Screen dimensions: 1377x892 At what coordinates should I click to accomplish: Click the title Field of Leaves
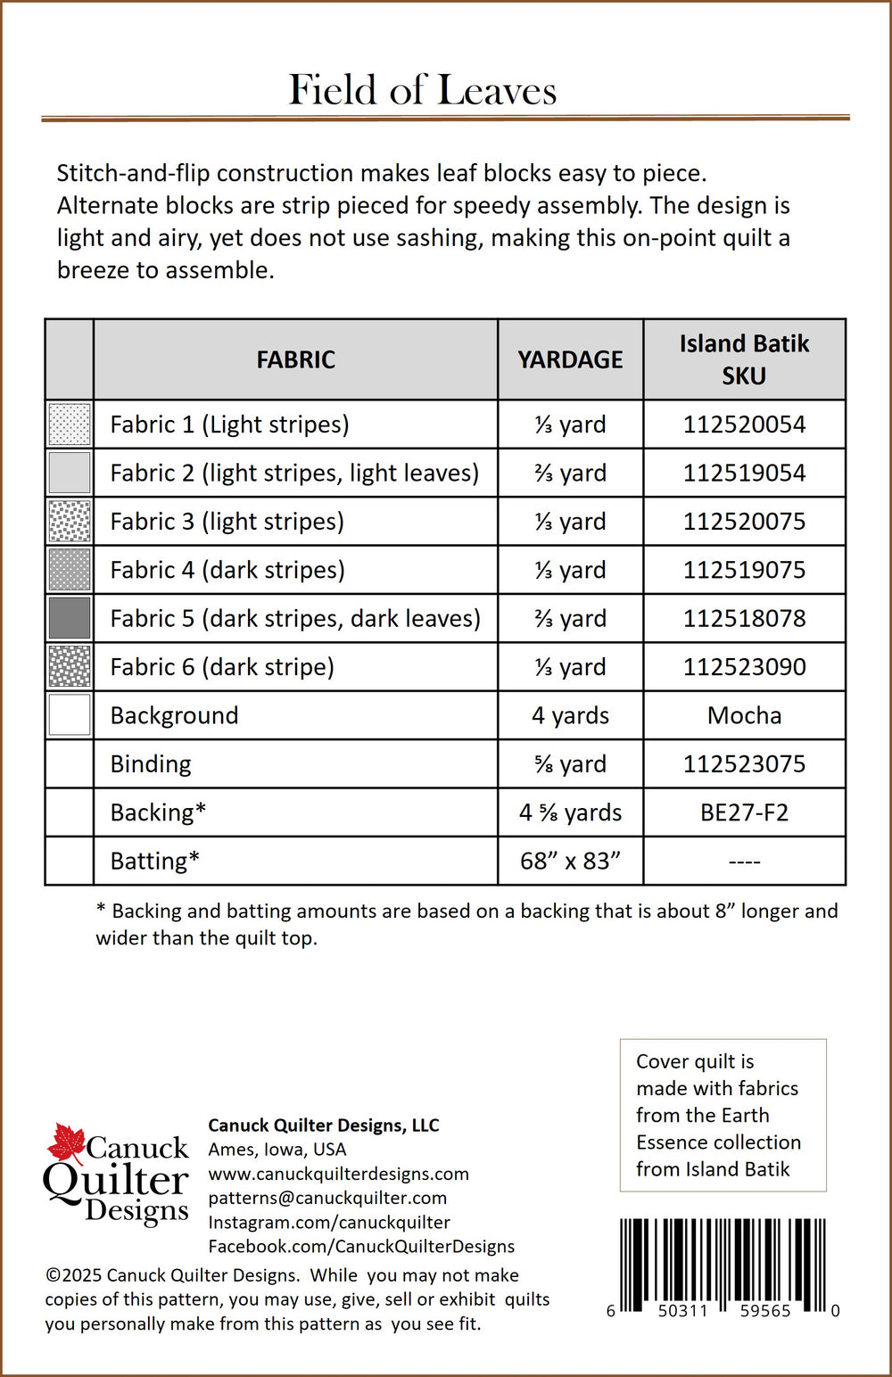[x=423, y=90]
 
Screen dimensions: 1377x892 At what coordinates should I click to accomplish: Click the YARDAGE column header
[x=570, y=359]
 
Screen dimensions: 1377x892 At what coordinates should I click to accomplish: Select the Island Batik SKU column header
[x=744, y=359]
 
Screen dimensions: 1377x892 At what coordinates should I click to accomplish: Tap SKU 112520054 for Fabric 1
[x=744, y=425]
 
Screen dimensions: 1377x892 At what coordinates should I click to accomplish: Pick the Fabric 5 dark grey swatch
[x=70, y=618]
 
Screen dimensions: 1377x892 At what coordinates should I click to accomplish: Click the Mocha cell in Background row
[x=744, y=715]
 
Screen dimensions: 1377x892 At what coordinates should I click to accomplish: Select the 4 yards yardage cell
[x=570, y=715]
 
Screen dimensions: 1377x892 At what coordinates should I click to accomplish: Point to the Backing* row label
[x=158, y=812]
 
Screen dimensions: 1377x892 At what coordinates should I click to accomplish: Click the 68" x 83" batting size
[x=570, y=861]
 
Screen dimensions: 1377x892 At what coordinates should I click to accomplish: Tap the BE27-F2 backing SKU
[x=744, y=812]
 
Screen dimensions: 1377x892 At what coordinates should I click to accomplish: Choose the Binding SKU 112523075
[x=744, y=764]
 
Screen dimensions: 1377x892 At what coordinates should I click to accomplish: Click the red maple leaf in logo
[x=65, y=1143]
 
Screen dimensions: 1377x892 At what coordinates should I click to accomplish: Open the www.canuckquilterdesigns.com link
[x=338, y=1174]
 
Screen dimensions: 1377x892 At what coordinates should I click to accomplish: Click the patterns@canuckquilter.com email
[x=327, y=1198]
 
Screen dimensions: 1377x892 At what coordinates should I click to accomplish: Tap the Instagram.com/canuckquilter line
[x=328, y=1222]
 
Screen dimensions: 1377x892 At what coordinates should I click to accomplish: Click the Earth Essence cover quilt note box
[x=723, y=1115]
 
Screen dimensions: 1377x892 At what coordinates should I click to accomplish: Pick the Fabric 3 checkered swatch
[x=70, y=522]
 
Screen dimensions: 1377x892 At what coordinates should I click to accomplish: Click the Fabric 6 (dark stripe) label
[x=222, y=667]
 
